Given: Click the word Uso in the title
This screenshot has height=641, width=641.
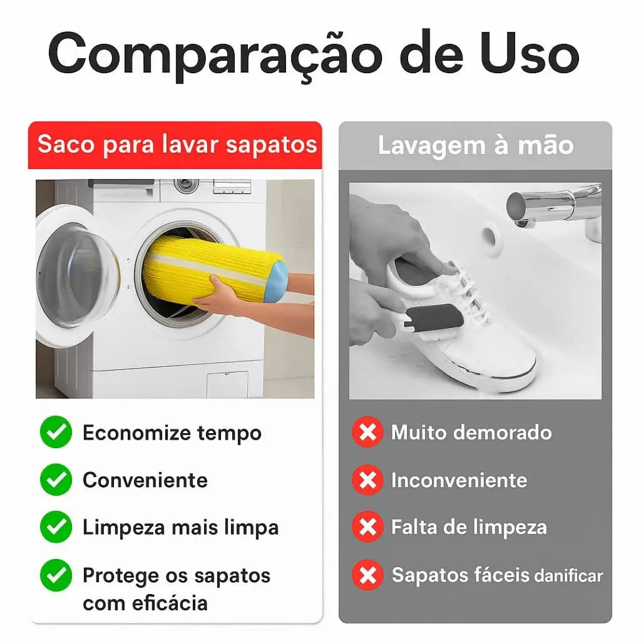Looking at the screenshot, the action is coord(529,53).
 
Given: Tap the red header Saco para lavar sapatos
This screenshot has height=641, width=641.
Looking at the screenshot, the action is coord(175,145).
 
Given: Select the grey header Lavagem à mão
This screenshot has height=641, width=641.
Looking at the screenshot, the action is coord(476,145).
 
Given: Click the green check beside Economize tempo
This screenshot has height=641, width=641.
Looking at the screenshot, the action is coord(56,432).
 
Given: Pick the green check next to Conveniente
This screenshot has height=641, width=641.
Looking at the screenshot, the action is coord(56,479).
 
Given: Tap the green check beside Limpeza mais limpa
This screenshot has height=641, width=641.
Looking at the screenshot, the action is coord(56,527).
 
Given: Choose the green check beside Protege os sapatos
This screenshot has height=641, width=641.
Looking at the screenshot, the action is coord(56,575).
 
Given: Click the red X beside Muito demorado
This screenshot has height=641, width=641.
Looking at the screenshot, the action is coord(367,432).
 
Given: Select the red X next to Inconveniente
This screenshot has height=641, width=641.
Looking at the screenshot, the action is coord(367,479).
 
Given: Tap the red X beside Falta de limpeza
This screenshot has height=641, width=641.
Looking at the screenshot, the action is coord(367,527).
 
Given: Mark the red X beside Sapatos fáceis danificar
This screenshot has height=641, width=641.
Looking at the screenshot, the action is coord(367,575).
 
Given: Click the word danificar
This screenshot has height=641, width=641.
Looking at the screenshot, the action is coord(568,576).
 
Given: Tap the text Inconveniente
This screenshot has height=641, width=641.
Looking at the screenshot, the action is coord(459,480).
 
